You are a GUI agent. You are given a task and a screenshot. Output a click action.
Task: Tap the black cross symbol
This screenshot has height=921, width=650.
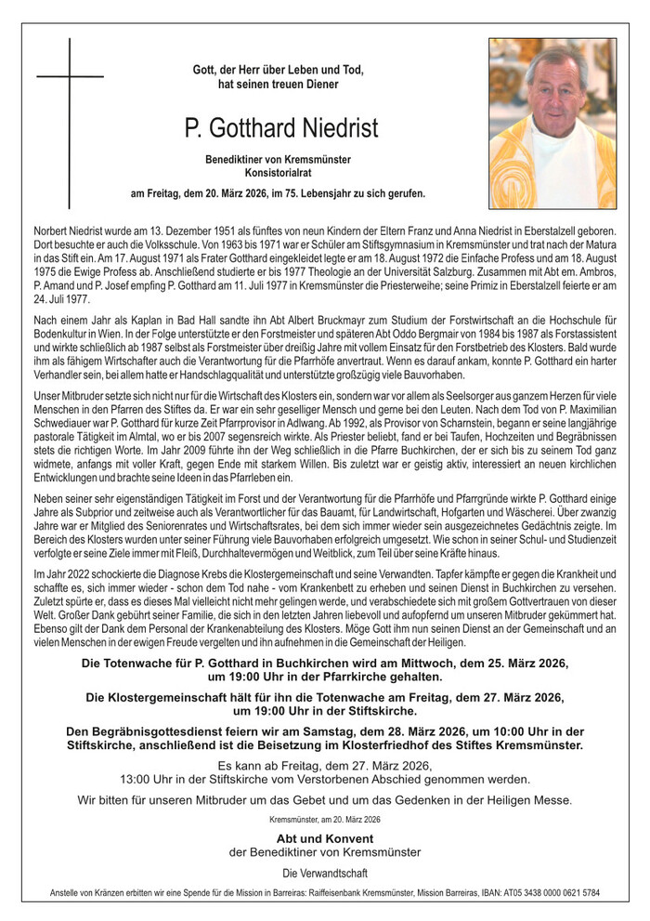click(x=70, y=121)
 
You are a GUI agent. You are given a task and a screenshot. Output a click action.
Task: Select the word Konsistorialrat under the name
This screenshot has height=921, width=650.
click(x=278, y=174)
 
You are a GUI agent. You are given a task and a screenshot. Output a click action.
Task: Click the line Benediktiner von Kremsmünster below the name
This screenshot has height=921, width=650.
click(x=278, y=160)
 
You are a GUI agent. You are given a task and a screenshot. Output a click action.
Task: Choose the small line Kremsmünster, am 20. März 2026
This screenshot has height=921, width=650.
click(x=325, y=820)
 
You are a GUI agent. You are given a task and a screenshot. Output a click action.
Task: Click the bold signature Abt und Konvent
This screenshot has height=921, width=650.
click(x=325, y=838)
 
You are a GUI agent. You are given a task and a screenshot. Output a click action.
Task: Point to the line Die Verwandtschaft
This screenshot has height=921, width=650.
click(x=325, y=873)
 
